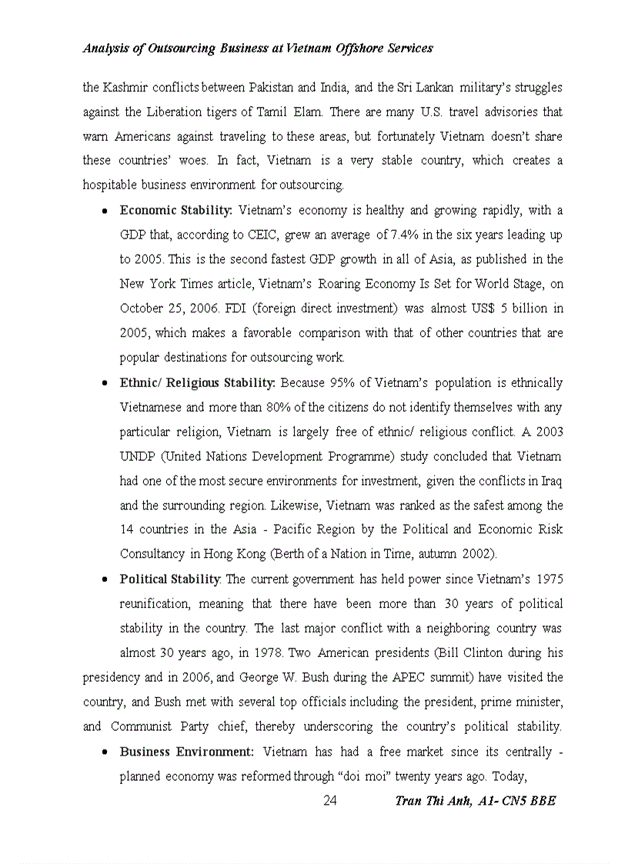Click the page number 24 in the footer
329,801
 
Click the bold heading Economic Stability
175,210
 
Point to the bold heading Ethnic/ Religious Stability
198,382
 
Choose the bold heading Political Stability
170,579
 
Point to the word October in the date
141,309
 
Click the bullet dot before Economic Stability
104,211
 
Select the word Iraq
552,481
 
